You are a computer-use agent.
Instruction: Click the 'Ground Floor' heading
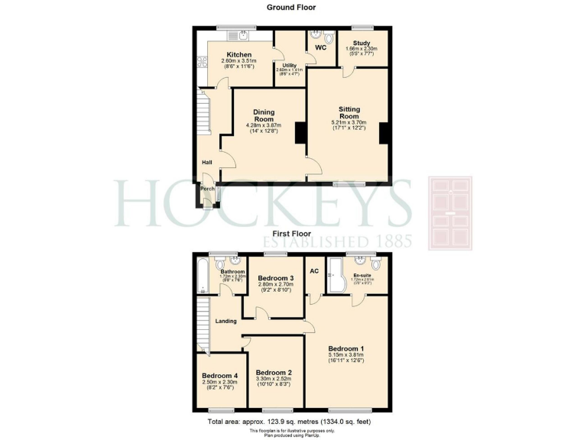pyautogui.click(x=290, y=7)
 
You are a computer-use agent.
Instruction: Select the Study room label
pyautogui.click(x=362, y=44)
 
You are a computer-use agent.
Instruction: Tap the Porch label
pyautogui.click(x=207, y=189)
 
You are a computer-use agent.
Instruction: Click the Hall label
pyautogui.click(x=206, y=162)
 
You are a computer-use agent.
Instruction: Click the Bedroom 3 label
pyautogui.click(x=276, y=278)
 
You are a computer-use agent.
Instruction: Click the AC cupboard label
pyautogui.click(x=313, y=271)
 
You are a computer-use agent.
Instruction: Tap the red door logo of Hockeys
pyautogui.click(x=452, y=213)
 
